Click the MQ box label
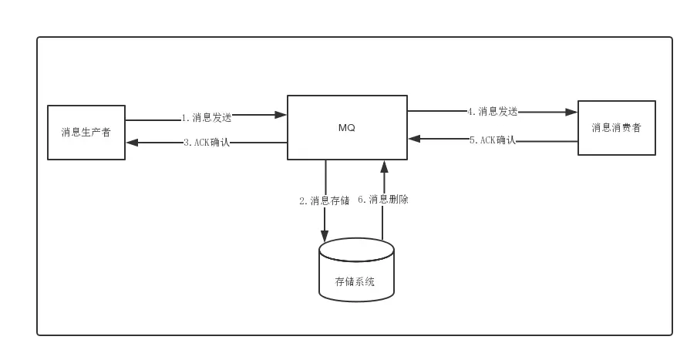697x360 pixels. tap(346, 128)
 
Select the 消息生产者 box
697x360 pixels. tap(86, 131)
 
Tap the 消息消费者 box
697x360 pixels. tap(617, 128)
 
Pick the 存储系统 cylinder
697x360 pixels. tap(356, 270)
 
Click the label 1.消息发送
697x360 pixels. tap(206, 118)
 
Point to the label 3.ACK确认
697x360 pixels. tap(207, 143)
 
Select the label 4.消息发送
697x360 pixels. tap(492, 111)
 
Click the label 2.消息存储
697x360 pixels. tap(324, 200)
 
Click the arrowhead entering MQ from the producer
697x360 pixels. tap(281, 116)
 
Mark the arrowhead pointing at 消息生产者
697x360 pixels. tap(131, 143)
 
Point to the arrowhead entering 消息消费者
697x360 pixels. tap(572, 112)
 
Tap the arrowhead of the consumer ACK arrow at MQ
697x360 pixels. tap(414, 140)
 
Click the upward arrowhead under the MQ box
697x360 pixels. tap(382, 166)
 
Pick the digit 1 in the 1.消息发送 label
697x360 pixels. tap(184, 118)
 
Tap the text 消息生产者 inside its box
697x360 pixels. tap(86, 132)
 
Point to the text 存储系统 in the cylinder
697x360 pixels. tap(356, 281)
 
